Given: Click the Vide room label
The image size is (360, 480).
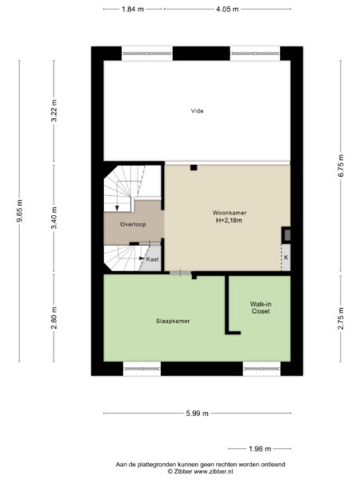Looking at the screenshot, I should click(197, 110).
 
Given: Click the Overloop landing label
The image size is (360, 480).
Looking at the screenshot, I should click(133, 225).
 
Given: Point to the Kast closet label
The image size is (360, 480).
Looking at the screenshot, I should click(152, 259).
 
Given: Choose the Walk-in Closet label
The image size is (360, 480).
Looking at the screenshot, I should click(260, 308).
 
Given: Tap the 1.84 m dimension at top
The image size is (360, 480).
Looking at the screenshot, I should click(133, 9).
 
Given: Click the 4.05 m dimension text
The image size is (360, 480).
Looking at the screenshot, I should click(228, 9).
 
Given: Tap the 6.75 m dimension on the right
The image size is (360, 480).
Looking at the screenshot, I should click(340, 166).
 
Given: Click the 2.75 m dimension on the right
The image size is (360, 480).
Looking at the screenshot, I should click(340, 318).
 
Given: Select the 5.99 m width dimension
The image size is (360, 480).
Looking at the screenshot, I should click(196, 413).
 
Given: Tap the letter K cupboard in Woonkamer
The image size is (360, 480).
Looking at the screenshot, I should click(285, 258).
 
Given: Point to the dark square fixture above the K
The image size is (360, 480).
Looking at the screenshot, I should click(286, 234).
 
